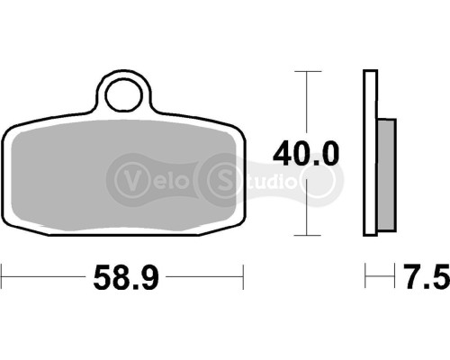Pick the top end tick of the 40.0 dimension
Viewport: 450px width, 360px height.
click(x=309, y=70)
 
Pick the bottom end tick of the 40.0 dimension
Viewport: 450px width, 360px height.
click(x=309, y=237)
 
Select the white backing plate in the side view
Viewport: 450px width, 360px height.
click(x=369, y=153)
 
